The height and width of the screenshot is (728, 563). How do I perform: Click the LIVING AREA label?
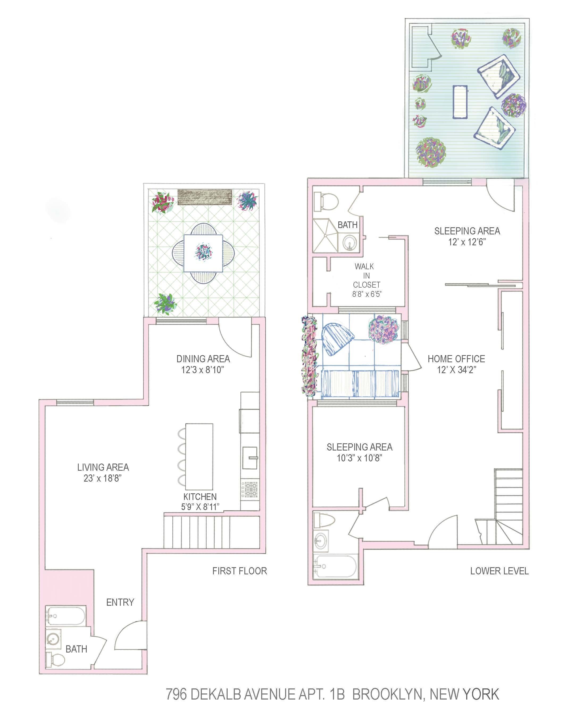click(103, 467)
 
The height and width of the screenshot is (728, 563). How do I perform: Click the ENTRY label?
click(120, 602)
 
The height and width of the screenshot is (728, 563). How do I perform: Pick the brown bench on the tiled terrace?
click(205, 197)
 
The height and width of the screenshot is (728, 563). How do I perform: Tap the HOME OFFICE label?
click(456, 359)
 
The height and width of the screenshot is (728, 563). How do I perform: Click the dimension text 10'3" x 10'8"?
click(359, 458)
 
